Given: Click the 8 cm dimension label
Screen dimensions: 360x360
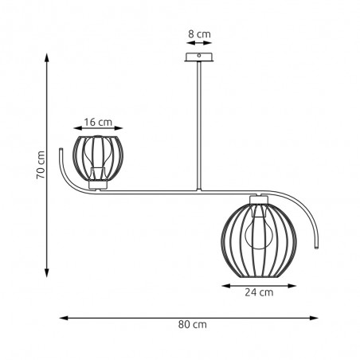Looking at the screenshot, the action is (x=199, y=34).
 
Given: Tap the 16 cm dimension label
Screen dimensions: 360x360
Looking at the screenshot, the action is (x=98, y=123).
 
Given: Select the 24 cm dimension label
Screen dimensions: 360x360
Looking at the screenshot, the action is (x=259, y=292).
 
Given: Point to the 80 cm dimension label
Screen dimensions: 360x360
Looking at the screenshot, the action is (x=192, y=324).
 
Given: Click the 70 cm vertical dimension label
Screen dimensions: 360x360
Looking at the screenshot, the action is (x=41, y=165).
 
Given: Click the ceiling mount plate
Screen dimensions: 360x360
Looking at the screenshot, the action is (x=199, y=57).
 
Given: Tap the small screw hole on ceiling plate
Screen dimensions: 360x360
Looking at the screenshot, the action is (x=199, y=56).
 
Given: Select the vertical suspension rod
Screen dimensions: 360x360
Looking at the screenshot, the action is (x=199, y=126).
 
